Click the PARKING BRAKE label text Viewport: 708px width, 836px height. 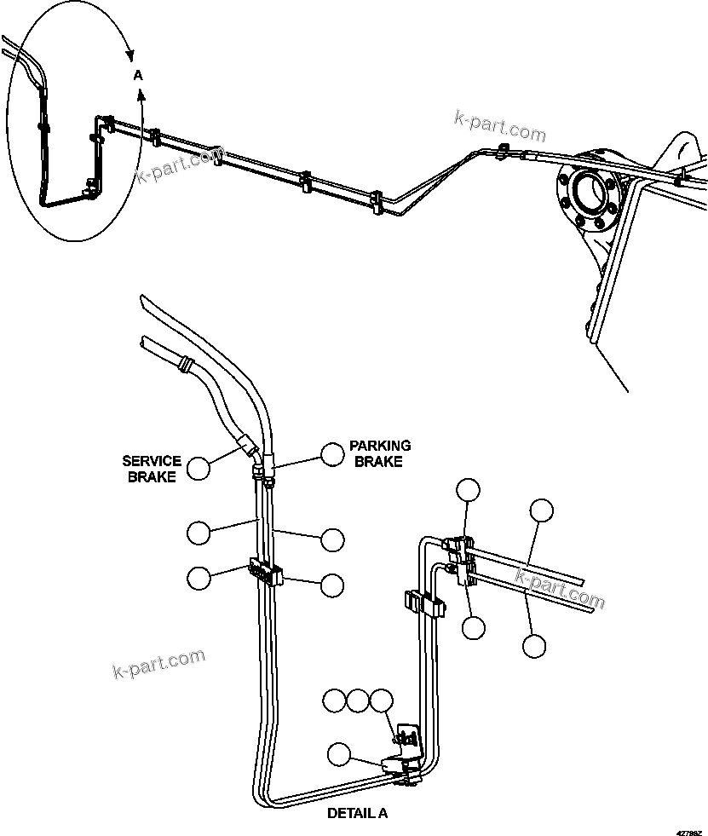coord(379,453)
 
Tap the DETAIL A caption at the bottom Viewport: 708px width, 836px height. coord(357,813)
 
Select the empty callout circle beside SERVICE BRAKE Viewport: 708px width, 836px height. coord(199,468)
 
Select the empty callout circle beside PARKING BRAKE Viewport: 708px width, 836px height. coord(333,453)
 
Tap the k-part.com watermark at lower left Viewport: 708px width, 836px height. coord(158,663)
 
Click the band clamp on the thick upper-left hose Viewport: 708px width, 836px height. coord(182,366)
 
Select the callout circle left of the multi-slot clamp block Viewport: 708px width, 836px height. coord(199,577)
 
